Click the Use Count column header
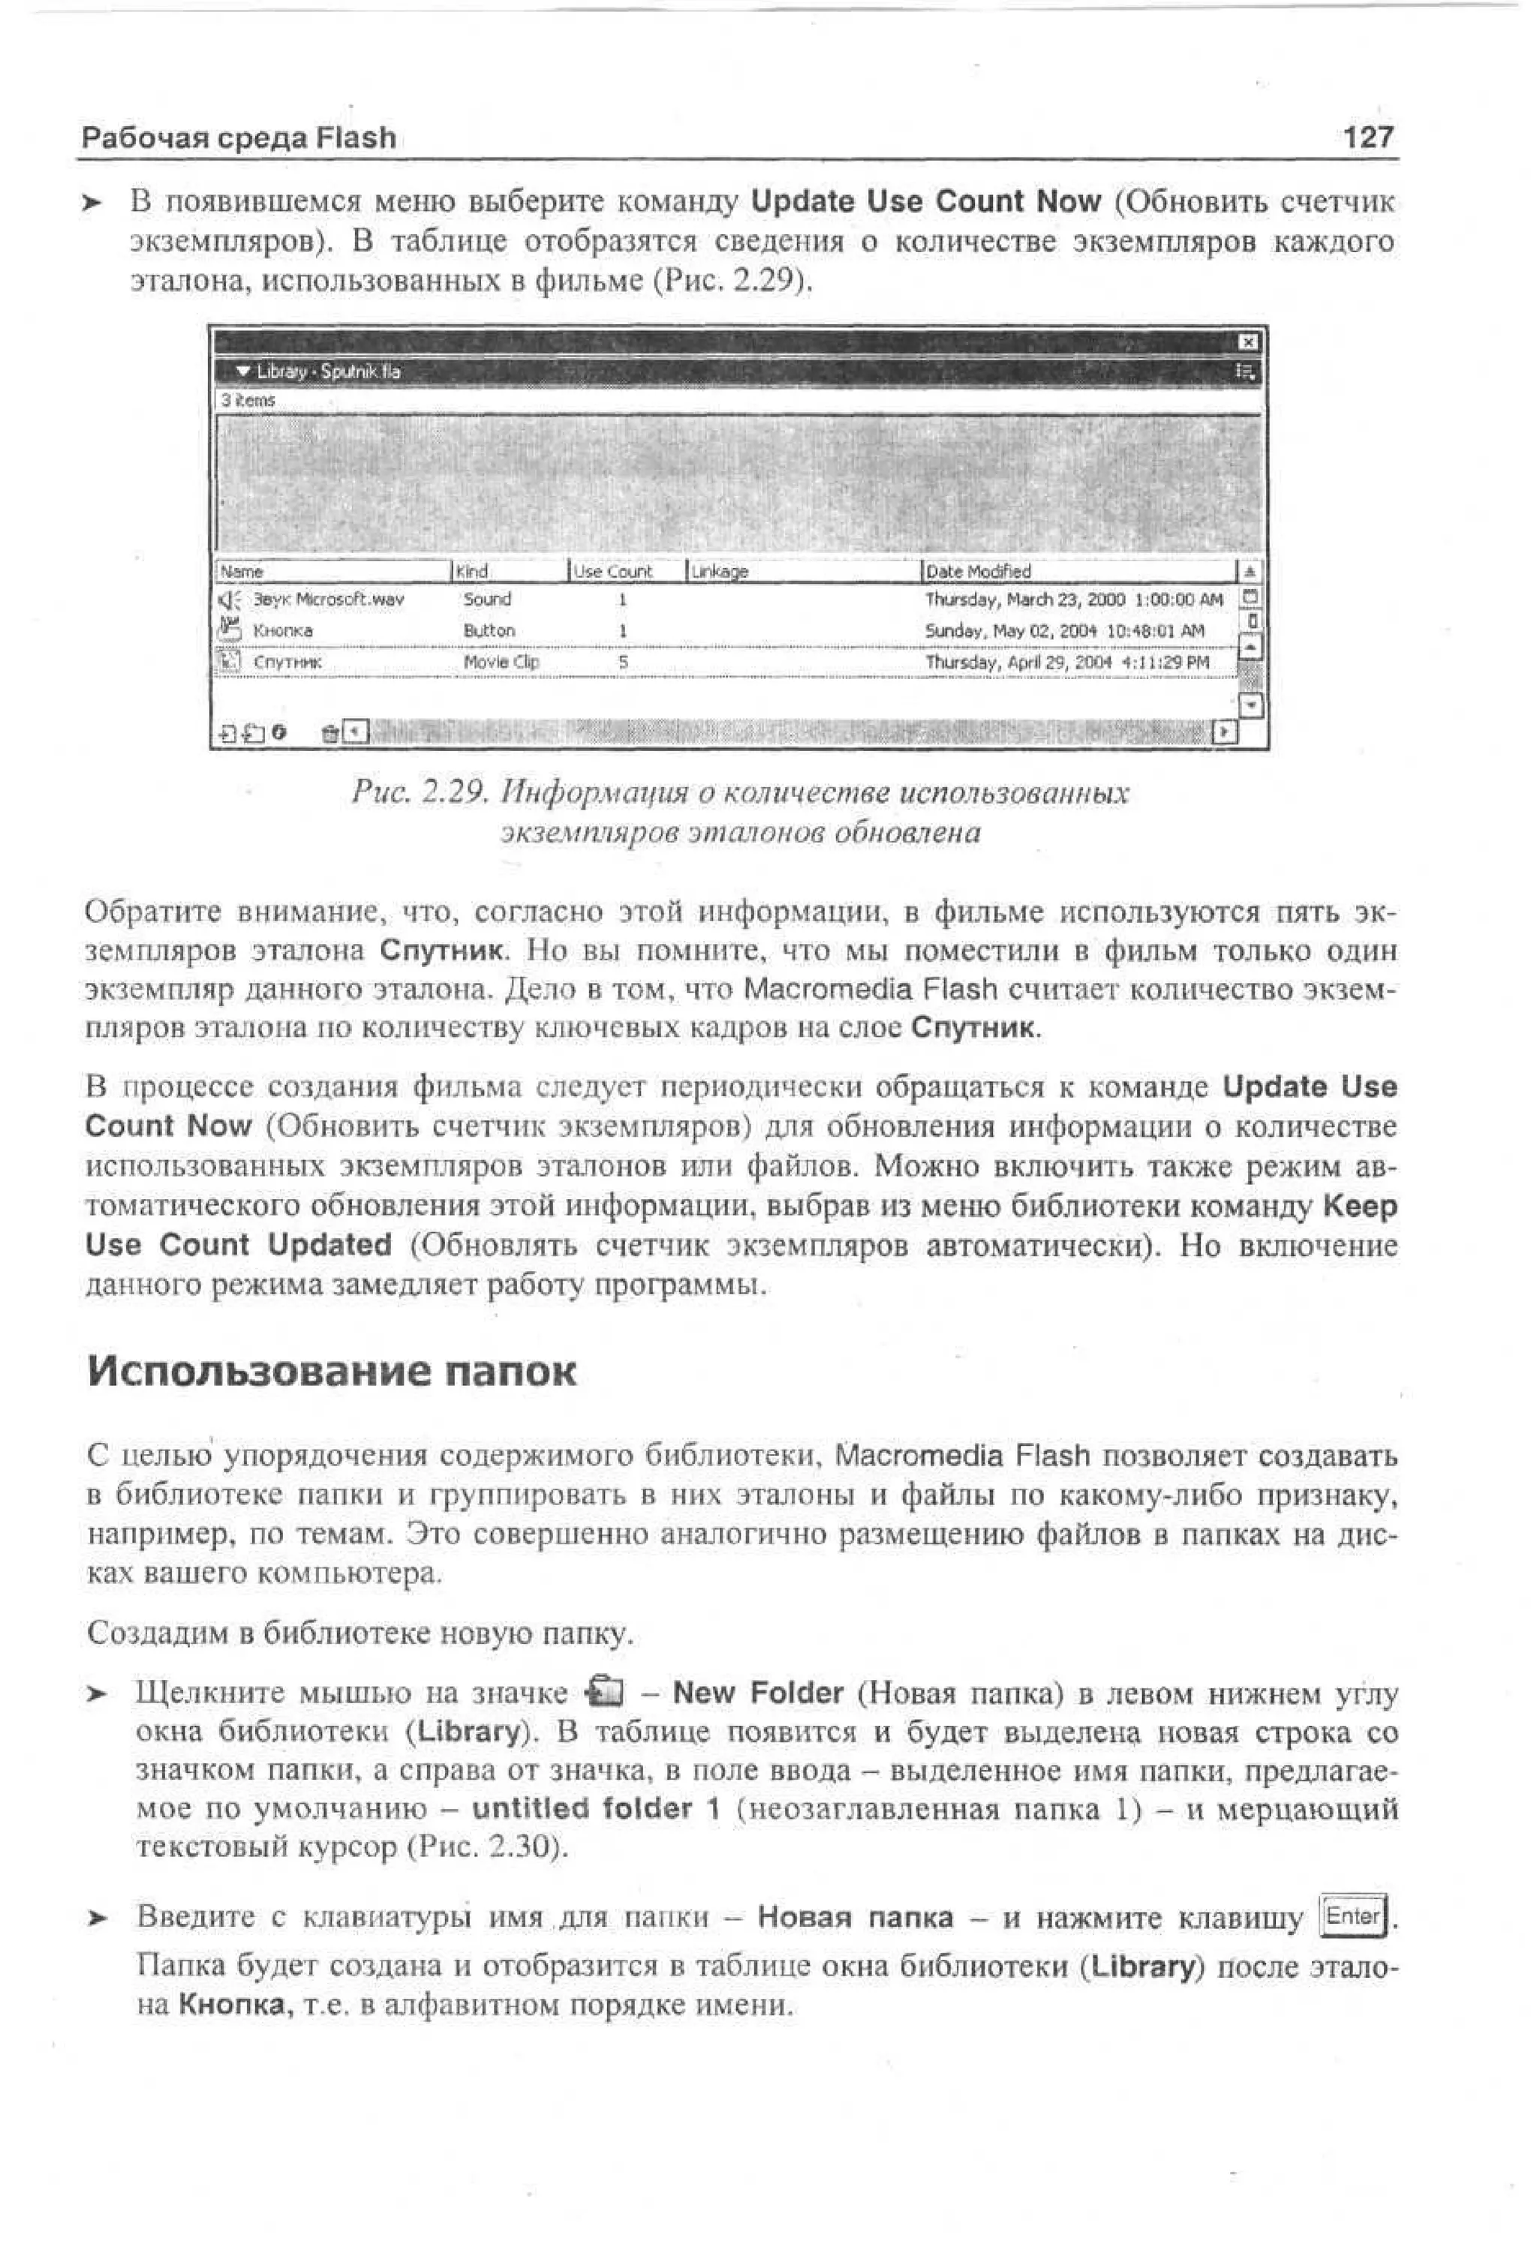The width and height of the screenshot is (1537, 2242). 614,571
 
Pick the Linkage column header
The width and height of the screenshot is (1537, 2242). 720,571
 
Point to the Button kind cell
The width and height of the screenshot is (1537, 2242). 489,630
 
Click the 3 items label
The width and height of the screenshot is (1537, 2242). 247,399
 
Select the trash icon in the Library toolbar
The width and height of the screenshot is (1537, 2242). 330,733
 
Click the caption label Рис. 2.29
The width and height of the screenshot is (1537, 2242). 422,793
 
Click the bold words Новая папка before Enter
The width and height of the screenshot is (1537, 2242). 855,1917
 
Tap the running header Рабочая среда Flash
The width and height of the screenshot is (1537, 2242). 239,138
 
